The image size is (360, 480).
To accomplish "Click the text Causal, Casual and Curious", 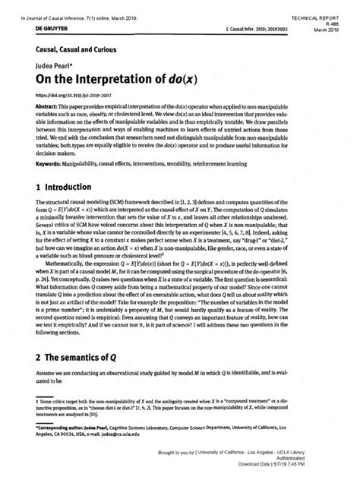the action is coord(68,49).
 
